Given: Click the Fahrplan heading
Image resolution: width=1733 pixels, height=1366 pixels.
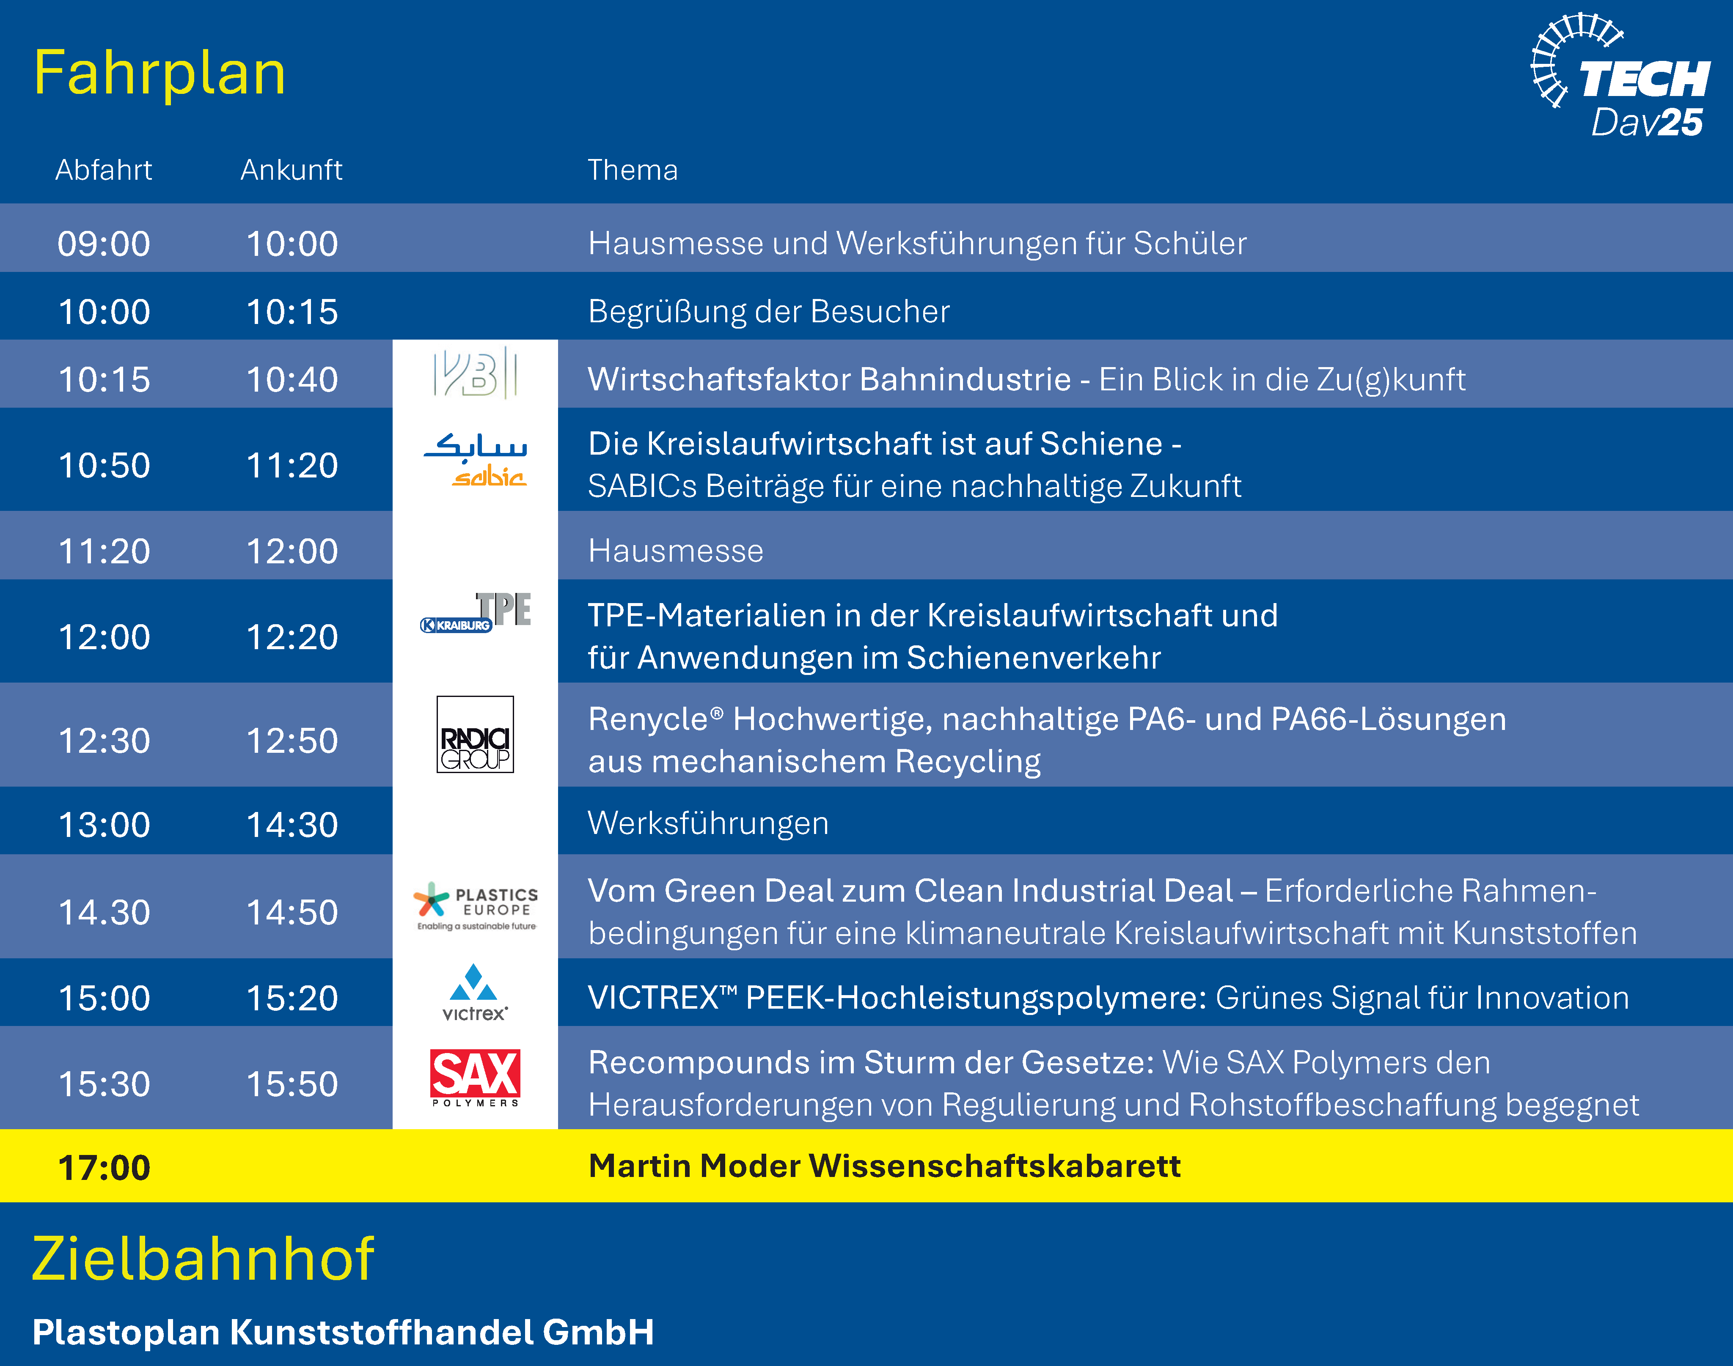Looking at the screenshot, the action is click(x=159, y=74).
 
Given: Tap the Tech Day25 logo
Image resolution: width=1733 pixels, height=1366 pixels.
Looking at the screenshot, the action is click(x=1620, y=76).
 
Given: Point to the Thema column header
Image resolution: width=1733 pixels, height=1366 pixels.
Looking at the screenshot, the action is click(x=632, y=170).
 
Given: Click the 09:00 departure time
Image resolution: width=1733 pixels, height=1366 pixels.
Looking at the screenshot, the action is click(x=104, y=244).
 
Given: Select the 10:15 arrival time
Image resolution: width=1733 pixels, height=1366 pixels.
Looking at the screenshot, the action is click(x=292, y=312).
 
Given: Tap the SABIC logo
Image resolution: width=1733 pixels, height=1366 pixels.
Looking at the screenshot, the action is click(x=475, y=460).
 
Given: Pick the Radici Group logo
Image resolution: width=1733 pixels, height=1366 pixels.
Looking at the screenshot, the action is click(x=475, y=734).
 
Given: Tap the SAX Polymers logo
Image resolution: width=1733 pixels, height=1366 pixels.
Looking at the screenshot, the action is click(x=475, y=1078).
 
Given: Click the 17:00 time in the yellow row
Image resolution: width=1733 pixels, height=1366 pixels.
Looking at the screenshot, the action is click(x=104, y=1168).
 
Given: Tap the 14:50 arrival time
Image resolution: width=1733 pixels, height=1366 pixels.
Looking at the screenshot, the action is click(x=292, y=913).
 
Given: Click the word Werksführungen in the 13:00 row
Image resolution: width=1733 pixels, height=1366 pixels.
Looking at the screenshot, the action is click(x=708, y=824).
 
